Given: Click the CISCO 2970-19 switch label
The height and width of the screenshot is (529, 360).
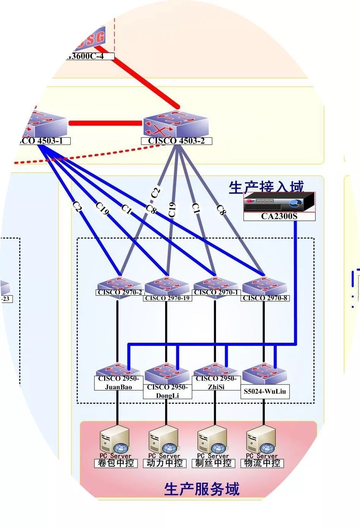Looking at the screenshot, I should tap(167, 298).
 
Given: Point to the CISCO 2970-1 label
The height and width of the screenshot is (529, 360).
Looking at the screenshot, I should tap(216, 293).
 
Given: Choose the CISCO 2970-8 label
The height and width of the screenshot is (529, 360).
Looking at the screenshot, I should tap(265, 298).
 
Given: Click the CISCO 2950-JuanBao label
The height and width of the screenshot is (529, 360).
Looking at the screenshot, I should tap(118, 383).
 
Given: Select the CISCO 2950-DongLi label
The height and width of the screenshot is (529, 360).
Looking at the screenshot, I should tap(167, 391).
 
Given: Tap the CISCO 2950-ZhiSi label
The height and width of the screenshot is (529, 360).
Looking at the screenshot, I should tap(216, 383).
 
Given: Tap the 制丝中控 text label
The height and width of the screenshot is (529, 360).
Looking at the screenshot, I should tap(213, 463).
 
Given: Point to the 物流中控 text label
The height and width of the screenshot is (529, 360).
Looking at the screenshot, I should tap(262, 463).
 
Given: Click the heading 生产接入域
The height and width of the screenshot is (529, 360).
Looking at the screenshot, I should tap(266, 187).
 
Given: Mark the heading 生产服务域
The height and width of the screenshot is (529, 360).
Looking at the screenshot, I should tap(202, 489).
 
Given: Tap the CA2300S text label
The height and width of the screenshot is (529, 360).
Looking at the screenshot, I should tap(279, 217).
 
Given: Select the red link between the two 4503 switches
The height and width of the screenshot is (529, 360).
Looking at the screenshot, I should tap(106, 123).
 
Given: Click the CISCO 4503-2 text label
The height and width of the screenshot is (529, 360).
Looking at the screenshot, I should tap(176, 141).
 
